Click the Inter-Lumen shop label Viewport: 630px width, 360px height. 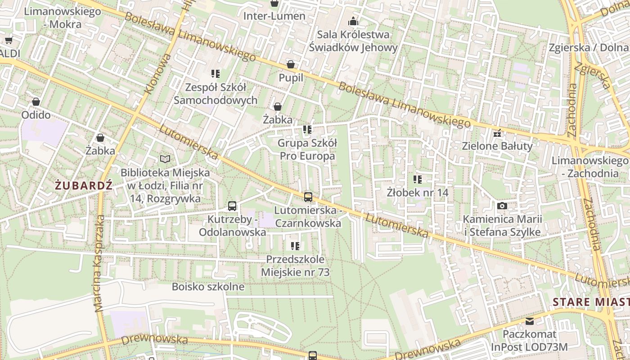click(x=274, y=16)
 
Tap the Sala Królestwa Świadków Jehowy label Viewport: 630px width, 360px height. click(x=353, y=41)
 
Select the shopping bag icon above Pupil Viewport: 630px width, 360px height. click(x=291, y=64)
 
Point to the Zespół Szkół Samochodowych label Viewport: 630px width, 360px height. click(x=216, y=94)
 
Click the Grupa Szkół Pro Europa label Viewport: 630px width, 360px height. click(x=307, y=149)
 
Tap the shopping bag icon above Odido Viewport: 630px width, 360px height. click(x=36, y=102)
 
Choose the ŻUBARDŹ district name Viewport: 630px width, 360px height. click(x=84, y=185)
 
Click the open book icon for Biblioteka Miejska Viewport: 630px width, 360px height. click(x=165, y=159)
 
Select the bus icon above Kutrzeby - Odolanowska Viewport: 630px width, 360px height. click(x=232, y=206)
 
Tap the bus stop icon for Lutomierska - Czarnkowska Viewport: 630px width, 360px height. click(x=308, y=197)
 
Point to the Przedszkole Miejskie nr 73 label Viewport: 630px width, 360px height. click(x=295, y=266)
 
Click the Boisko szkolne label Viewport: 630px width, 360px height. click(x=208, y=287)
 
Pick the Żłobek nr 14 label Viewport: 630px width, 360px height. click(x=418, y=193)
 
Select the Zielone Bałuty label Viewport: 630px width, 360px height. click(x=497, y=146)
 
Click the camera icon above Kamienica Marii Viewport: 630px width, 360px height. click(x=502, y=206)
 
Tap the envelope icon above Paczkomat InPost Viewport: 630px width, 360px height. click(x=530, y=321)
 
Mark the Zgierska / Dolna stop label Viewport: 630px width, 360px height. click(x=589, y=48)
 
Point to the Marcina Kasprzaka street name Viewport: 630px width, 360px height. click(x=99, y=263)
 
